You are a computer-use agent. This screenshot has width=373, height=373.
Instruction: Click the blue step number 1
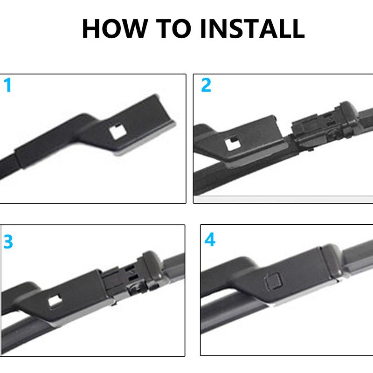tap(7, 86)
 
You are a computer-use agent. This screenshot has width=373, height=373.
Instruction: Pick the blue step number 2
tap(206, 86)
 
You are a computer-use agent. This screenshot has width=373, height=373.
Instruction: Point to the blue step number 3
tap(8, 242)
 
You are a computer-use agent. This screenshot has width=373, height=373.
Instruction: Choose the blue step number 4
tap(210, 240)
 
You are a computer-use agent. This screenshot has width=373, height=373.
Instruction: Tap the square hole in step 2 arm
tap(232, 144)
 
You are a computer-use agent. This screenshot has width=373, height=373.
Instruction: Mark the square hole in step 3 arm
tap(55, 302)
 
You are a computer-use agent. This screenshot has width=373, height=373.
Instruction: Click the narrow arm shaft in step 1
tap(9, 163)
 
